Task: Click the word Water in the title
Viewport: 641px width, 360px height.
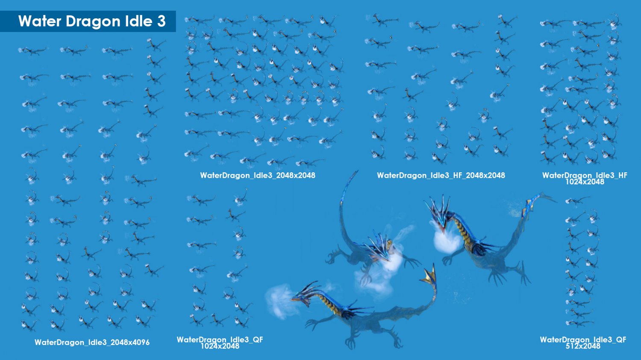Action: coord(40,21)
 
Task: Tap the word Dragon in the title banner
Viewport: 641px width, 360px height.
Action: coord(93,22)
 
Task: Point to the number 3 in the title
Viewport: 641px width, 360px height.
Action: coord(161,21)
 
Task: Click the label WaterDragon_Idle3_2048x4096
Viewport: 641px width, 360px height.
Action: coord(92,342)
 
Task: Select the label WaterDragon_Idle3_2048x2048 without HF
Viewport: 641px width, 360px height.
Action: coord(258,175)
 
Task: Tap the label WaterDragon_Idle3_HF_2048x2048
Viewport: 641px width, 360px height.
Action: coord(441,175)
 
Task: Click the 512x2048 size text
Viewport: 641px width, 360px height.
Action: coord(583,346)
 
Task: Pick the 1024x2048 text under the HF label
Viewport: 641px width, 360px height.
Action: coord(585,182)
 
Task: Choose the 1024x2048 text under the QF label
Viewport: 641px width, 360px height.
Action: coord(220,346)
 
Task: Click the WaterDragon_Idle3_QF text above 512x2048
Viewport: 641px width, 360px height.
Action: coord(583,340)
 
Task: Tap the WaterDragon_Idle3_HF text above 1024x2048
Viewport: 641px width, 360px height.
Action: coord(585,175)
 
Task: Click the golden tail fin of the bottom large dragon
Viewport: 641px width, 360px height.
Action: coord(429,274)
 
